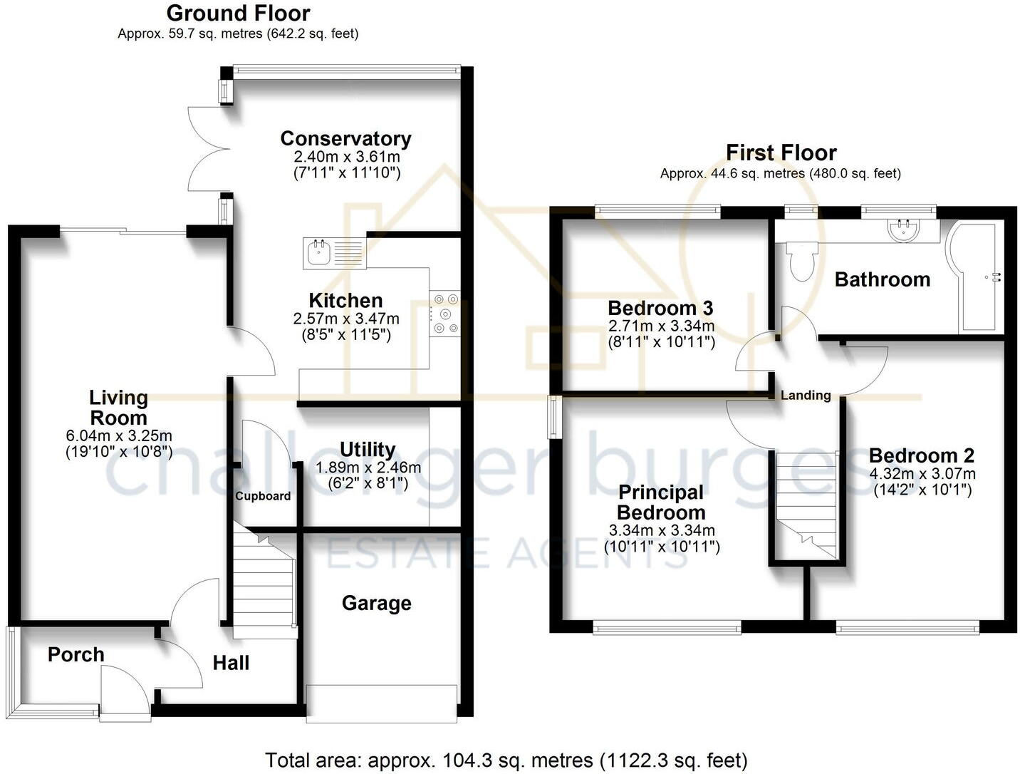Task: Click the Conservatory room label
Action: [345, 138]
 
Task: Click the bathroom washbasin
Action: [903, 230]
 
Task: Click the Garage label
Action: [376, 603]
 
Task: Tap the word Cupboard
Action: [263, 496]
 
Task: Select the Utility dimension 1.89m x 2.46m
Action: [368, 468]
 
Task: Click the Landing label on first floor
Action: [806, 396]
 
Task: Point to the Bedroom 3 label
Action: [660, 308]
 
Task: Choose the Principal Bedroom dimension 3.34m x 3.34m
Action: [662, 530]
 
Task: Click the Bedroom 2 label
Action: [921, 455]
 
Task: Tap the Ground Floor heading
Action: [238, 13]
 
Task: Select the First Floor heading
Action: [781, 153]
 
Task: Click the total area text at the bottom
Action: [506, 760]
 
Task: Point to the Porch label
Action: [76, 654]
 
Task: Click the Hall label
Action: [231, 663]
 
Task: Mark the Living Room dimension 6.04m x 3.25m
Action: [118, 435]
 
